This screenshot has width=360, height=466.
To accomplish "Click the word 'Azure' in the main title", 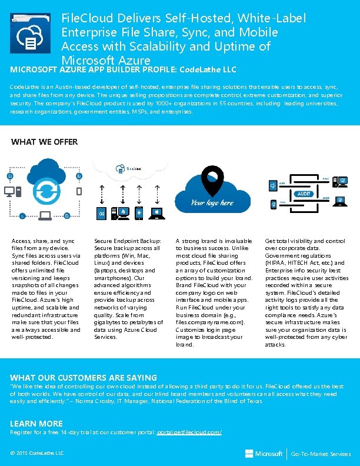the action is (134, 61).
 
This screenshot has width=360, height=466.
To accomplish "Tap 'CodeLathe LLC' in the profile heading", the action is (208, 69).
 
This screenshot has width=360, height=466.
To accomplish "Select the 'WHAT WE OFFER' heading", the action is (45, 142).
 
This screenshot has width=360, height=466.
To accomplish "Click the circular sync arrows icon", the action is (45, 189).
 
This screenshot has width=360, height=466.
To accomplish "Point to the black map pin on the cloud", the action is (211, 182).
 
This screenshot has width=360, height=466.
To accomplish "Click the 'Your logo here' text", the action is (211, 204).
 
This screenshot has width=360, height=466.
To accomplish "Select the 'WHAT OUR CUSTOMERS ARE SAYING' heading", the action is (84, 378).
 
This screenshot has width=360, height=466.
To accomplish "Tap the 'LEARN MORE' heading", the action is (36, 424).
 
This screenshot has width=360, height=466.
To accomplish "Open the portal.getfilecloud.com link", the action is (188, 432).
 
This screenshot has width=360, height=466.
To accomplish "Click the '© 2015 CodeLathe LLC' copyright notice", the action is (37, 452).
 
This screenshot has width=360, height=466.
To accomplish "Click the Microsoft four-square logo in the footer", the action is (249, 454).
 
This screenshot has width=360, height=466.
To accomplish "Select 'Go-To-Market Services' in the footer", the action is (321, 454).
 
